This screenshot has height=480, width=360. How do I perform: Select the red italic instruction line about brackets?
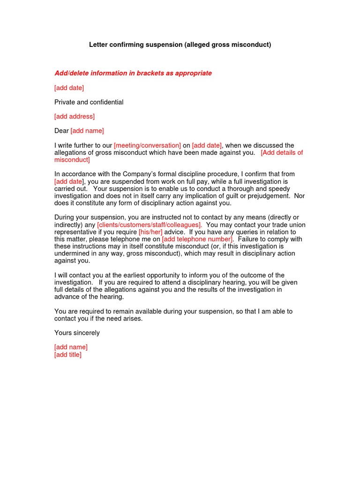pyautogui.click(x=133, y=73)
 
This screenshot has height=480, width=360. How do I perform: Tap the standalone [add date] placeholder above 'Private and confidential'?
pyautogui.click(x=69, y=88)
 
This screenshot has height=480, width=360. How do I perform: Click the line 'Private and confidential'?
pyautogui.click(x=89, y=102)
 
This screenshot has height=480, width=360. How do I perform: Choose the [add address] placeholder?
pyautogui.click(x=75, y=116)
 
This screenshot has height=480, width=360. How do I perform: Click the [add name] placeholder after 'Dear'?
pyautogui.click(x=87, y=131)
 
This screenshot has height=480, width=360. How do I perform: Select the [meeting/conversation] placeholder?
pyautogui.click(x=147, y=145)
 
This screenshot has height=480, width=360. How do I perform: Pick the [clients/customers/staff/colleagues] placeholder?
pyautogui.click(x=150, y=225)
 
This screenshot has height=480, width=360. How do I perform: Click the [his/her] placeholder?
pyautogui.click(x=150, y=232)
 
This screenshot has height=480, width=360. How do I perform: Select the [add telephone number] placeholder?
pyautogui.click(x=197, y=239)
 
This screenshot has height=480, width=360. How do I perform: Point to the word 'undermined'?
pyautogui.click(x=71, y=254)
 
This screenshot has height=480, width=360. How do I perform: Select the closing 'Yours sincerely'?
pyautogui.click(x=77, y=333)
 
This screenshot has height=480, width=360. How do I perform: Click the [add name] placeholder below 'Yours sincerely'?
pyautogui.click(x=71, y=347)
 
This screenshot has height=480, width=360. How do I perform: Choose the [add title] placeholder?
pyautogui.click(x=68, y=354)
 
